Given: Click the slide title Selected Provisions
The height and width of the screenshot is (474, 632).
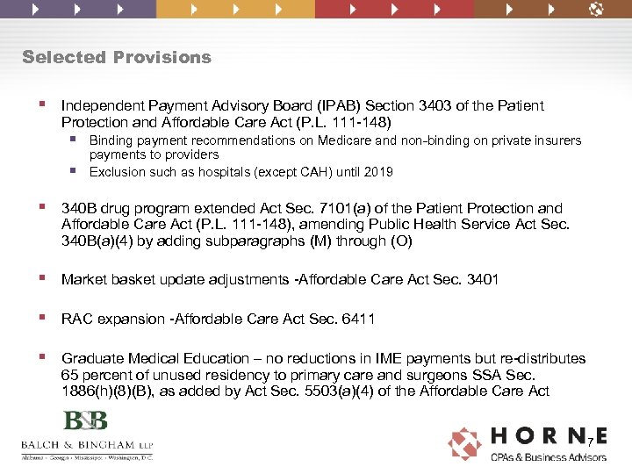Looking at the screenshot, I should (x=117, y=58).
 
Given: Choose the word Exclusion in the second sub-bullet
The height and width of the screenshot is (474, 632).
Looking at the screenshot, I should (x=118, y=172).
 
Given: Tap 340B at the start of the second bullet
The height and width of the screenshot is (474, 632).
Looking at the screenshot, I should (x=78, y=209).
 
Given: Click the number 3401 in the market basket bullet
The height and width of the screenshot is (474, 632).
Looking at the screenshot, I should (x=482, y=280).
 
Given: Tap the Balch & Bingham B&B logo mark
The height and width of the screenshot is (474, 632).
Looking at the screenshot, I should (x=85, y=421).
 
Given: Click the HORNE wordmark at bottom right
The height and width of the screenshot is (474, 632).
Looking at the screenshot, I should (x=548, y=436).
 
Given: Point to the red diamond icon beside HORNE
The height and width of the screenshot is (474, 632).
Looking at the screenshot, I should (x=465, y=443).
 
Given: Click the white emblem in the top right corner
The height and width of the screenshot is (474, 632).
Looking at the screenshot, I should (x=596, y=10).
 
